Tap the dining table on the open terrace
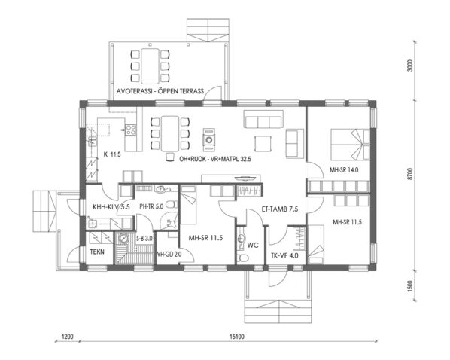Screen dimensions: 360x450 click(154, 64)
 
